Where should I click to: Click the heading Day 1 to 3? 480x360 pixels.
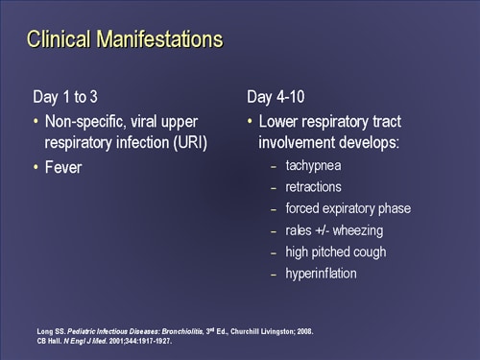(71, 97)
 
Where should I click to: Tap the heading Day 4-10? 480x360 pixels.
(277, 97)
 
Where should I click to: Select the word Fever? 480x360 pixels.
(64, 167)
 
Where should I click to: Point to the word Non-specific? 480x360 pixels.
(85, 122)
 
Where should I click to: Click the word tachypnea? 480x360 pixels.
(313, 166)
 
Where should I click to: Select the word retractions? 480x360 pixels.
(314, 187)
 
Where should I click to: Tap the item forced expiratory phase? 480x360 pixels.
(348, 208)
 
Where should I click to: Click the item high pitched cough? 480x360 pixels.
(335, 252)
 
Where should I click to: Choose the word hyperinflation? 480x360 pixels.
(321, 274)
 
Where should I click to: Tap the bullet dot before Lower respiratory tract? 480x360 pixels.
(251, 122)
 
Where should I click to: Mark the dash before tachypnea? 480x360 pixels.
(274, 166)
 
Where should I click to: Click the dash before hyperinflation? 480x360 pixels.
(274, 274)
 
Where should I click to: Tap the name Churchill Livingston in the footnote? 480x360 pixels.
(254, 331)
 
